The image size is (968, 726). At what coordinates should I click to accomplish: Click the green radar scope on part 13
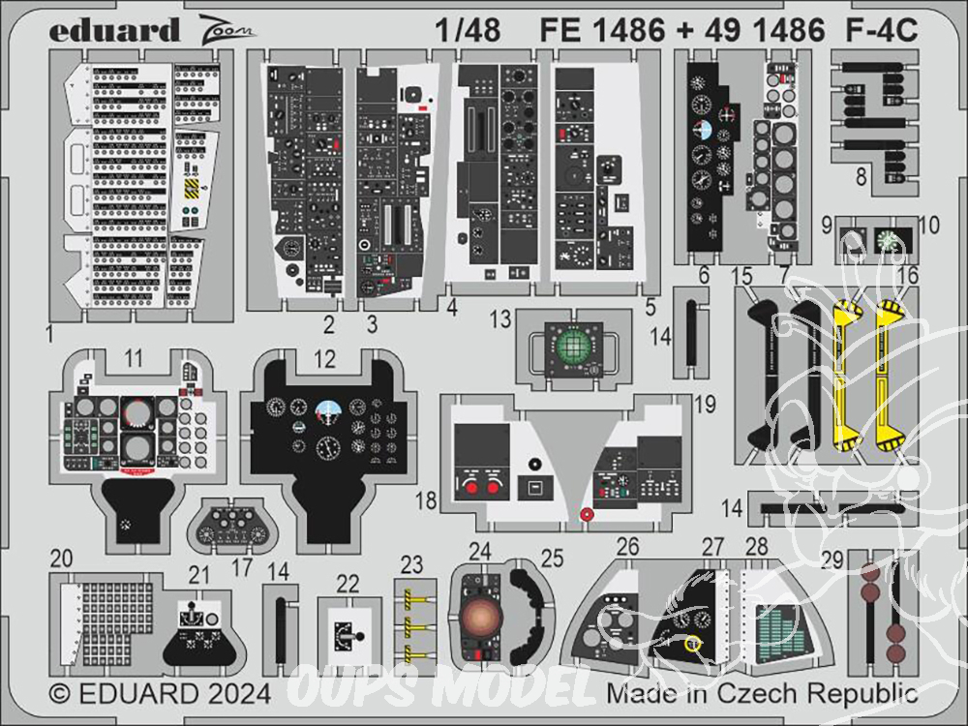572,343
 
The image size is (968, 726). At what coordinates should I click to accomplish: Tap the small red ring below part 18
585,515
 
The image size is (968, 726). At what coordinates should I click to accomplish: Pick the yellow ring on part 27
692,644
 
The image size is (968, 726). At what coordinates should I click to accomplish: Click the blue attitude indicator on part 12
325,408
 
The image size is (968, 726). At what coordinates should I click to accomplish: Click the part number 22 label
348,583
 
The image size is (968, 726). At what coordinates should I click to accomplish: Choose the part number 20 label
62,559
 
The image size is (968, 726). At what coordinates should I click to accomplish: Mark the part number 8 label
860,177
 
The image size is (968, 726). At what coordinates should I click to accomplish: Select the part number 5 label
650,308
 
